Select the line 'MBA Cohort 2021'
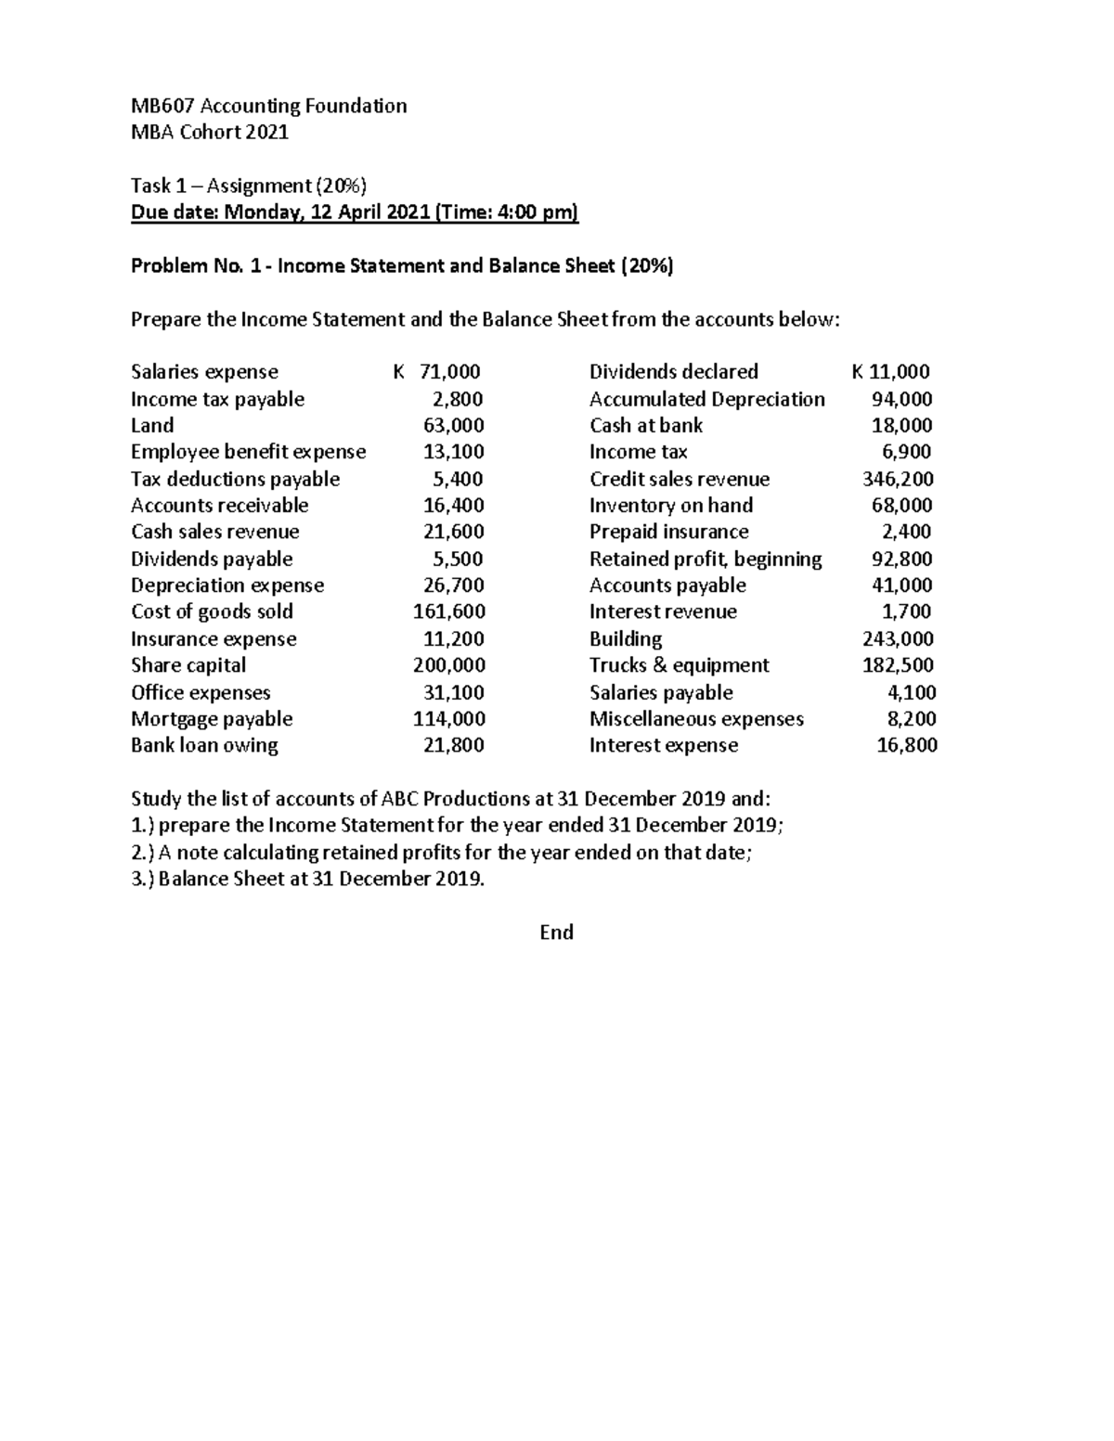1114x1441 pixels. click(210, 132)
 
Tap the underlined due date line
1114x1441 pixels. click(355, 213)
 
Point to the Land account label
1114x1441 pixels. click(152, 425)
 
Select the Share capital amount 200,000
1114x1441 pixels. click(449, 665)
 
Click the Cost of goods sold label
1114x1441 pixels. click(212, 611)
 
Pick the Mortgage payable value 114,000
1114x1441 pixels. click(449, 719)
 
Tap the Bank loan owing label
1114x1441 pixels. click(204, 745)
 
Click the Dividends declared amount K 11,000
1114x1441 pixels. click(890, 372)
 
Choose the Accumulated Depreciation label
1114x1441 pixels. click(706, 399)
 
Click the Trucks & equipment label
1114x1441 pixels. click(679, 665)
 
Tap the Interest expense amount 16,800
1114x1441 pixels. click(907, 745)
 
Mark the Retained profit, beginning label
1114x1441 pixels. click(706, 560)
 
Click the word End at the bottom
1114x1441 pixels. click(556, 933)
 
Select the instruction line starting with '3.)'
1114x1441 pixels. click(308, 879)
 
